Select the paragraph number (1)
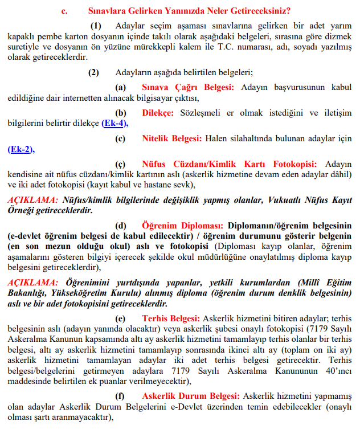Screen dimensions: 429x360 pyautogui.click(x=96, y=26)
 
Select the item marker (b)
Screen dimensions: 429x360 pyautogui.click(x=121, y=113)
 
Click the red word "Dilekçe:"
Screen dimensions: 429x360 pyautogui.click(x=158, y=113)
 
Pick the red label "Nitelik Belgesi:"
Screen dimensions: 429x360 pyautogui.click(x=172, y=138)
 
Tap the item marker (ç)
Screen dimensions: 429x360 pyautogui.click(x=121, y=164)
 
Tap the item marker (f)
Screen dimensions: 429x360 pyautogui.click(x=121, y=395)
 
